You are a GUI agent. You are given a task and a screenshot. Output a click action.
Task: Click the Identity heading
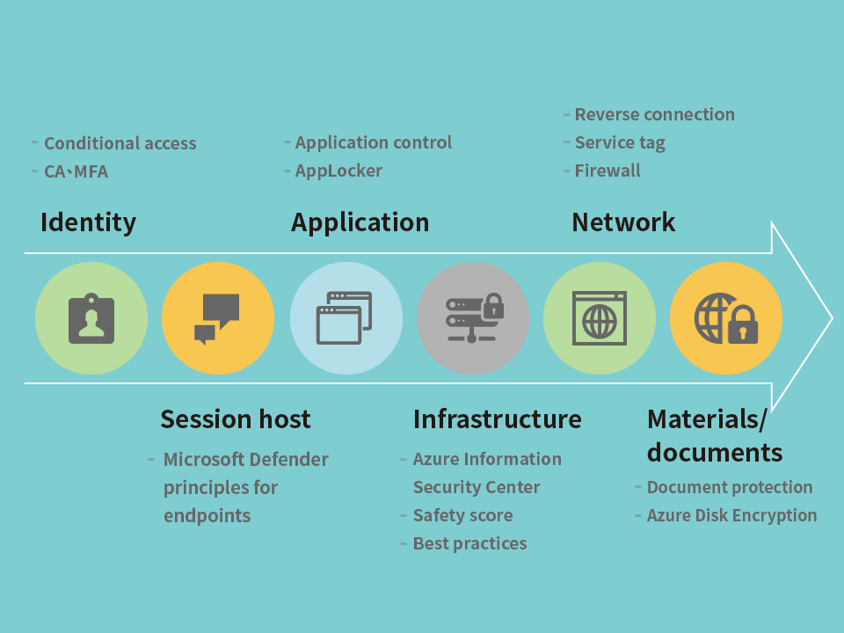click(88, 222)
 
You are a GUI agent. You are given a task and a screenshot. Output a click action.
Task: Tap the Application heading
click(360, 222)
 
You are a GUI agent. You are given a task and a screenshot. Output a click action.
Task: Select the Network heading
click(623, 222)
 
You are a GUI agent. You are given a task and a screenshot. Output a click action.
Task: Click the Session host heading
click(236, 418)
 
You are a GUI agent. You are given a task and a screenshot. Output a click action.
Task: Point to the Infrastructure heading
click(498, 418)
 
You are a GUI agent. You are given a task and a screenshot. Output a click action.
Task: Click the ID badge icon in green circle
click(91, 318)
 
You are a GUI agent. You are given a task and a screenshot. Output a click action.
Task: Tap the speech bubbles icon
click(217, 318)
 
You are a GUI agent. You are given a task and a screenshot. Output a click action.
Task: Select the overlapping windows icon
click(345, 317)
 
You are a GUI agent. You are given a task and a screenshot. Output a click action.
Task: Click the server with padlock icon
click(475, 317)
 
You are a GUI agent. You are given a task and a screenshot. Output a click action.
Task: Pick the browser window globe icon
click(599, 318)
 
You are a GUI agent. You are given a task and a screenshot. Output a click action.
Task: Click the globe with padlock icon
click(726, 318)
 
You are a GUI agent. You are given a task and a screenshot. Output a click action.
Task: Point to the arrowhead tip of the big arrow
click(833, 318)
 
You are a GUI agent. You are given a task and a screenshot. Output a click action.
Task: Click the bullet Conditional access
click(120, 143)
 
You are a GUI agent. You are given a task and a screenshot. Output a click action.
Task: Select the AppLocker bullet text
click(338, 171)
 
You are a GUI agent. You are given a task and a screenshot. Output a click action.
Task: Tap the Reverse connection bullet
click(654, 114)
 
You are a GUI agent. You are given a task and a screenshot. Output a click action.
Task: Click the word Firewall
click(608, 171)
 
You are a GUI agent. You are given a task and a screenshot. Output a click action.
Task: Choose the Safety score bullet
click(463, 515)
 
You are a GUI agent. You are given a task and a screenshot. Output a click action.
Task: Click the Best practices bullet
click(469, 543)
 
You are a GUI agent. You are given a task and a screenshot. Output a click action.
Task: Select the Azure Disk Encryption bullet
click(732, 515)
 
